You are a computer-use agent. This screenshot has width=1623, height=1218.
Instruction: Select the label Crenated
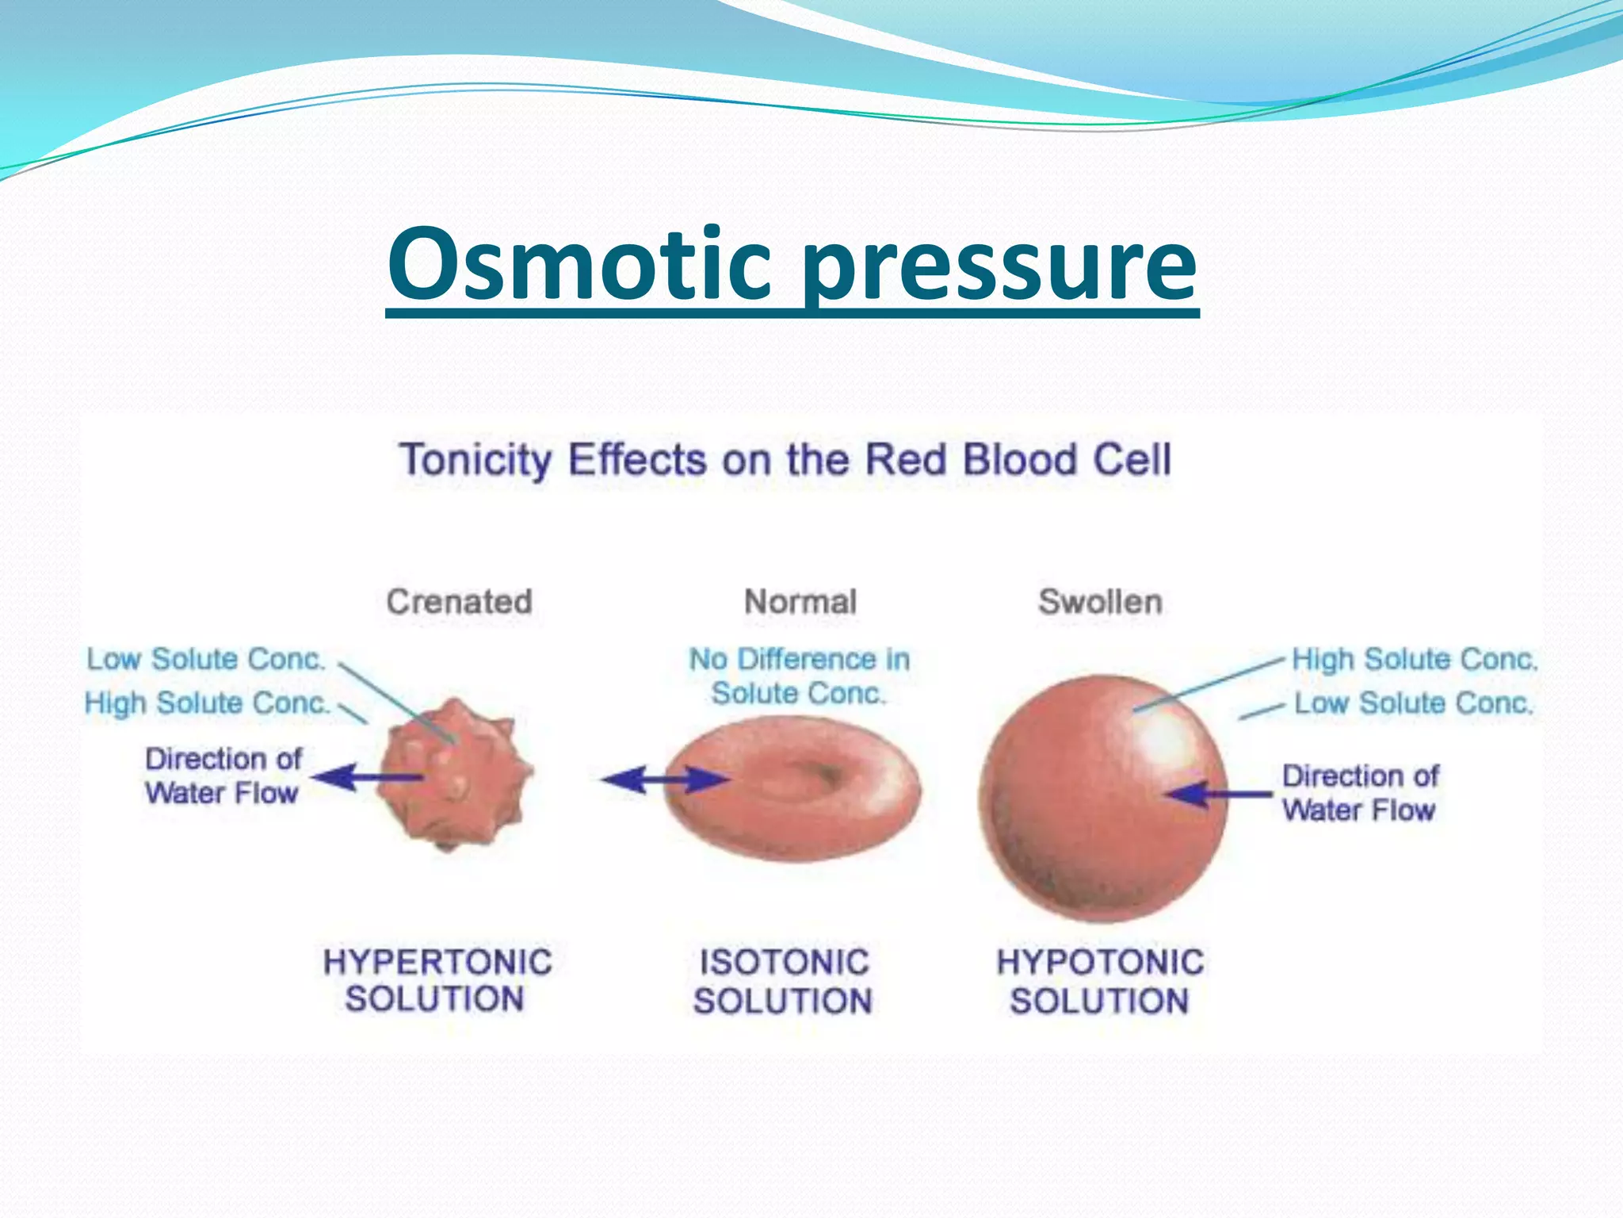459,602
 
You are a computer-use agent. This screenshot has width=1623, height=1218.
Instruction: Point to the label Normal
800,602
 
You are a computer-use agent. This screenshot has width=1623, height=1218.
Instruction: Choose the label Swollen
1100,602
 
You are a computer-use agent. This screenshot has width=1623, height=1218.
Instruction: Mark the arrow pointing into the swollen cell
1216,793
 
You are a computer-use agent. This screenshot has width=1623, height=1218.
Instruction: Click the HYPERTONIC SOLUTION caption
437,980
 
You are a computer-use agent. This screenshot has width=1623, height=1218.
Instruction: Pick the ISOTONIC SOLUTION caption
783,982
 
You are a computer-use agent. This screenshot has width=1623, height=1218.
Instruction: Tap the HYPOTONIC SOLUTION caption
1100,982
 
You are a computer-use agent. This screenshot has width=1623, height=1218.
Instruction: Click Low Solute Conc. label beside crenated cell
206,659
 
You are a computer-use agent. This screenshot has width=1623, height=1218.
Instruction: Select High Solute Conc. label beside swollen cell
1415,659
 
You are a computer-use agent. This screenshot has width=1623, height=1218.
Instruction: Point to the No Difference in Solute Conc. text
799,676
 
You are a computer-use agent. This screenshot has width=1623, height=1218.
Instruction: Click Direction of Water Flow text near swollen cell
1360,793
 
